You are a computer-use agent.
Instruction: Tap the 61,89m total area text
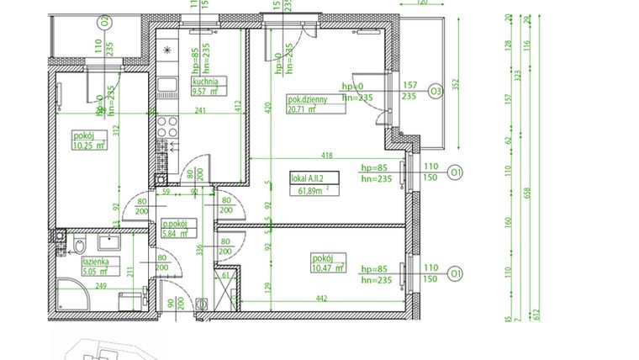point(309,191)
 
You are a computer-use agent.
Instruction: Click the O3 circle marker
point(436,91)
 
